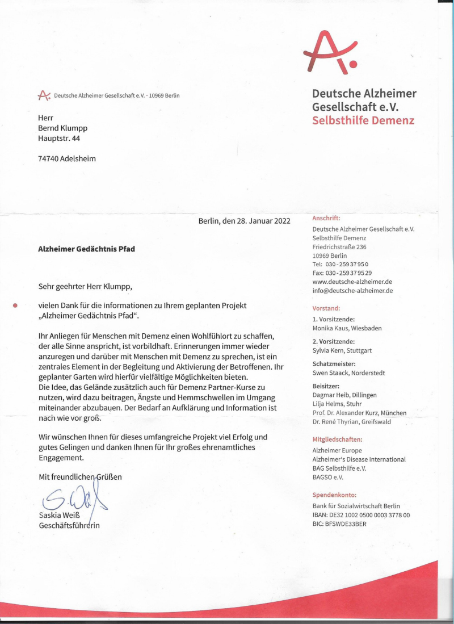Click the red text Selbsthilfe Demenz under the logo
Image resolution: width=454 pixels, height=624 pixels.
[363, 120]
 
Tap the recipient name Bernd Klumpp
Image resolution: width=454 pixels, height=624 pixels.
[62, 128]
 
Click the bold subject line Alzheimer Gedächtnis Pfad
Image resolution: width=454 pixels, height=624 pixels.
[86, 249]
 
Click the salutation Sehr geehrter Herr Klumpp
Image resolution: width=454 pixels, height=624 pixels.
[89, 287]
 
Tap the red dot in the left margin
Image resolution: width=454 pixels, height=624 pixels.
[16, 305]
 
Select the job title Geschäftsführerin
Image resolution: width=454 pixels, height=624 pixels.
[69, 525]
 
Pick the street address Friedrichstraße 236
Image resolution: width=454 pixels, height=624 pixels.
[339, 247]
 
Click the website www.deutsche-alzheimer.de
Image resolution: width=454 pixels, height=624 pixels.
[352, 282]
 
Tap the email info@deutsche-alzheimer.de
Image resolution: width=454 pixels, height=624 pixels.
[352, 291]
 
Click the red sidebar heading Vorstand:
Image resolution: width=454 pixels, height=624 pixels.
[326, 308]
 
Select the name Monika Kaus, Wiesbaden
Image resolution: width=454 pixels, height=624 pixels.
[347, 328]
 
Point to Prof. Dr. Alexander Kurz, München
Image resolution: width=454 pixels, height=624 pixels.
[359, 413]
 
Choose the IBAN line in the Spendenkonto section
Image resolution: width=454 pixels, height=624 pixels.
[361, 514]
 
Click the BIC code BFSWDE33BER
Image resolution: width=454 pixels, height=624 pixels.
[339, 524]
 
